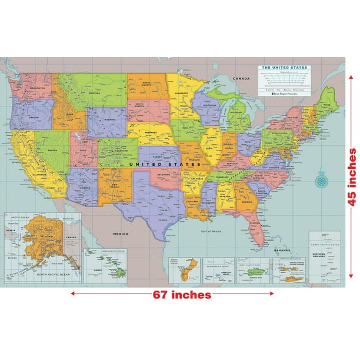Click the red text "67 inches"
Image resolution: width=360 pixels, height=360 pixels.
(180, 294)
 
